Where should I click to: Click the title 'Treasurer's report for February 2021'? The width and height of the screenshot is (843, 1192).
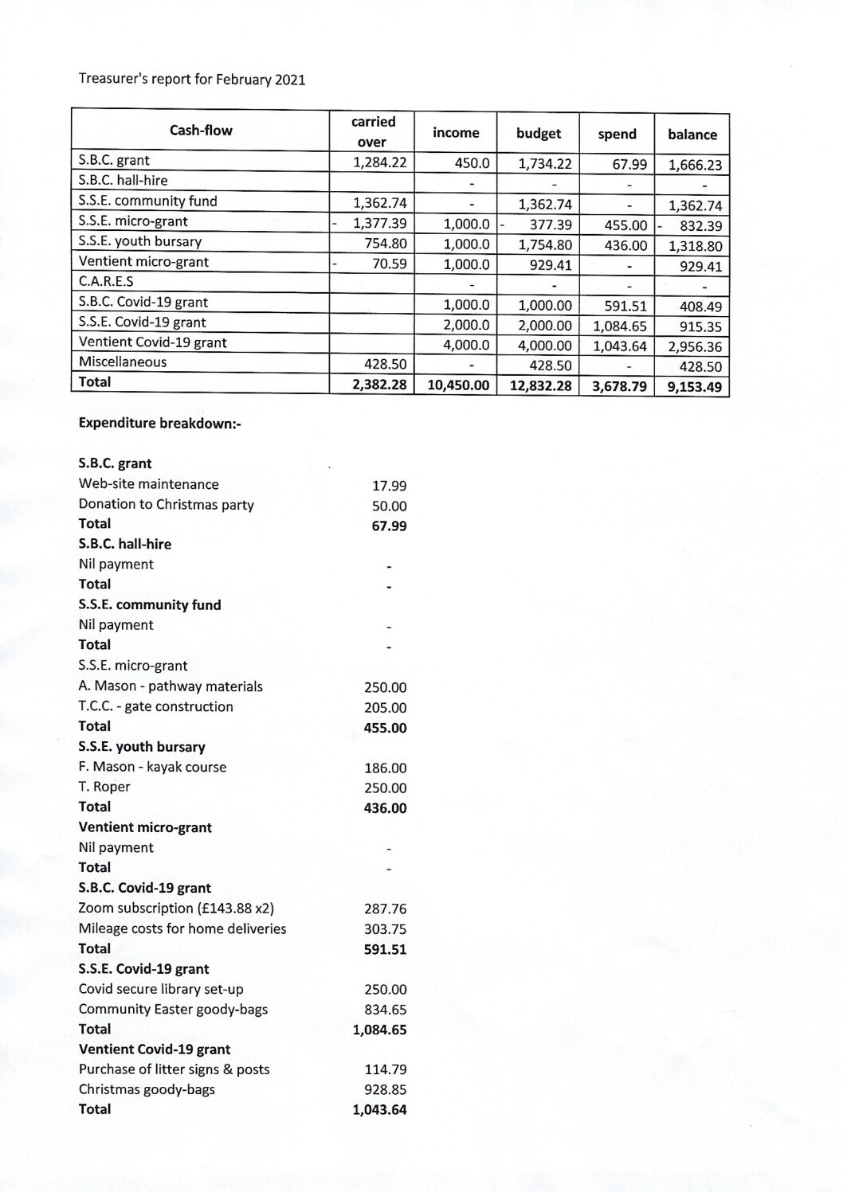(191, 80)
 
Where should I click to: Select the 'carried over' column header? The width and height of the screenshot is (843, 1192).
(373, 131)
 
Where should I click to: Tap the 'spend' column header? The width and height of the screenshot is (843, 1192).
(617, 134)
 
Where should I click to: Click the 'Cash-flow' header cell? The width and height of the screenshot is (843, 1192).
(201, 131)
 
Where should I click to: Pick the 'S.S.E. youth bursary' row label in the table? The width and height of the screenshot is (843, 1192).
(140, 241)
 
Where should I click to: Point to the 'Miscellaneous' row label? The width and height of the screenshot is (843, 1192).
(123, 362)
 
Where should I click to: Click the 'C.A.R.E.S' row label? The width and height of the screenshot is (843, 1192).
(106, 281)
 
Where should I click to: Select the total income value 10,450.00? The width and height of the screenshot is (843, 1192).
(457, 386)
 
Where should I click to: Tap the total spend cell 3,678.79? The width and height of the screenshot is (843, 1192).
(617, 386)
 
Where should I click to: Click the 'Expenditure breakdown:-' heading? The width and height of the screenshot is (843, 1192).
(159, 423)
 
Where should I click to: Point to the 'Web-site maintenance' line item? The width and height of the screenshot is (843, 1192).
(148, 484)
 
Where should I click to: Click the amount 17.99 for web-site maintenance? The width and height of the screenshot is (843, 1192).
(389, 486)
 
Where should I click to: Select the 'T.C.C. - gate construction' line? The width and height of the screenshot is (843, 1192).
(156, 706)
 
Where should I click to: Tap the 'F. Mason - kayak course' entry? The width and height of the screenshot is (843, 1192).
(152, 767)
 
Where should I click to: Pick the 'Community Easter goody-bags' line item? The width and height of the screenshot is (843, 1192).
(173, 1009)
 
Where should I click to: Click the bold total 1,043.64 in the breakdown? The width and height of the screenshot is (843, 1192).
(379, 1109)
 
